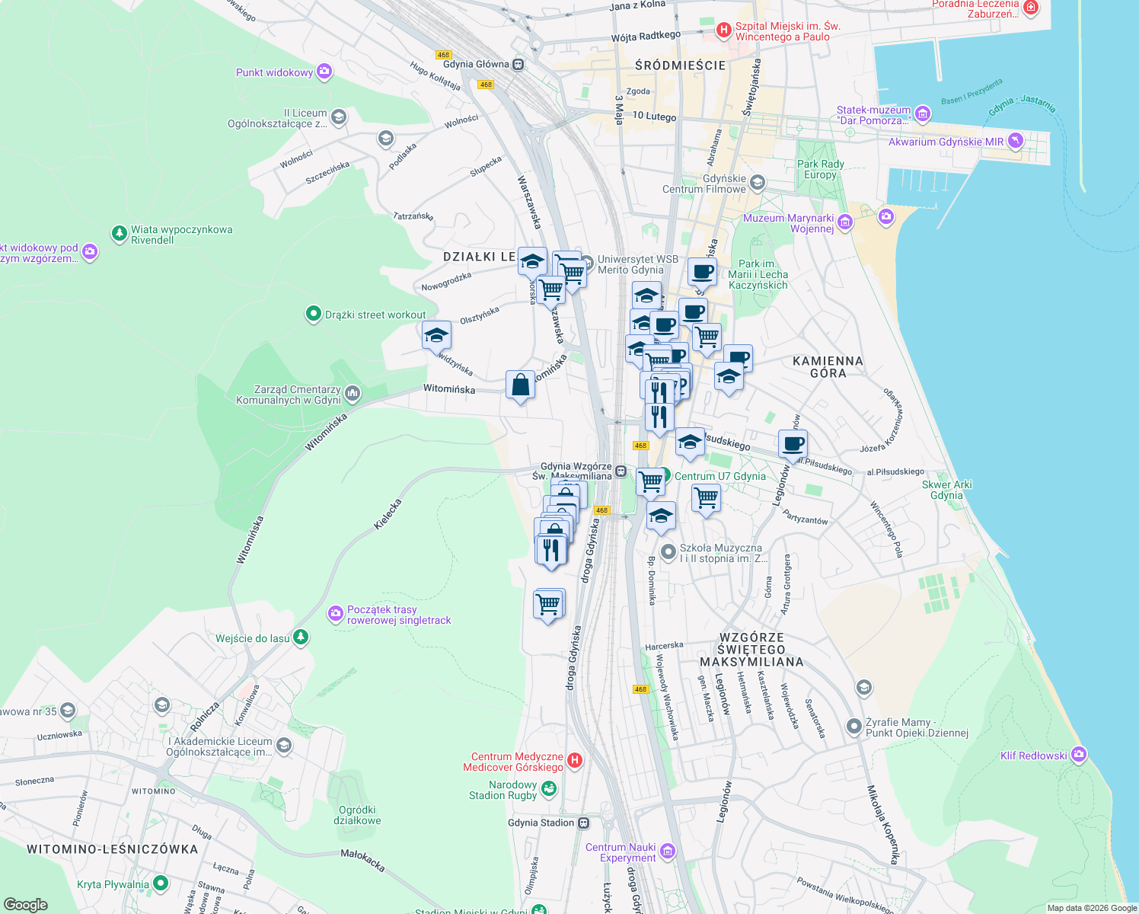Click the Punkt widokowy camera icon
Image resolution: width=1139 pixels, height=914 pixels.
tap(324, 72)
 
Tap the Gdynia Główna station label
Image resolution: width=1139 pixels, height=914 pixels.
tap(476, 64)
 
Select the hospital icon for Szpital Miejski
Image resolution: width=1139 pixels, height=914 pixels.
tap(723, 30)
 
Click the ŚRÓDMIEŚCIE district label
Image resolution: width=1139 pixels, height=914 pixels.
tap(680, 66)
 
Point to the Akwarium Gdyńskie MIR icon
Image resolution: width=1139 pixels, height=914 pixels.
tap(1015, 141)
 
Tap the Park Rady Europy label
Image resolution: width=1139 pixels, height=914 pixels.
tap(820, 169)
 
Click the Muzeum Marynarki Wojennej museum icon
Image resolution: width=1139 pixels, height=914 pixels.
tap(845, 222)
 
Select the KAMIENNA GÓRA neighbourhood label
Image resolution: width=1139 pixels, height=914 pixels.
tap(828, 367)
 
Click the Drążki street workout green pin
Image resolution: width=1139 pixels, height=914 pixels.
tap(313, 314)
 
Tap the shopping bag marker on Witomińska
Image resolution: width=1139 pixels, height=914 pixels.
tap(521, 385)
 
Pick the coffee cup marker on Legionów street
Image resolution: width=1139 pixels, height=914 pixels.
tap(793, 444)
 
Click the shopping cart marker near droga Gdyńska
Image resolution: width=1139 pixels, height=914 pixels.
tap(548, 604)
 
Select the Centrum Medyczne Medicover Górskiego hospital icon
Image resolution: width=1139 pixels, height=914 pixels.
tap(575, 760)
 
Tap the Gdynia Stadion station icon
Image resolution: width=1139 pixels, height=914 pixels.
tap(583, 823)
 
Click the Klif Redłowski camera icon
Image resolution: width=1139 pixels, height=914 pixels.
tap(1078, 755)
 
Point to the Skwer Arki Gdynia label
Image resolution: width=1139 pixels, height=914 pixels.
tap(946, 490)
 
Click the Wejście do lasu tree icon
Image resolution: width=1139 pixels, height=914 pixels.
tap(301, 637)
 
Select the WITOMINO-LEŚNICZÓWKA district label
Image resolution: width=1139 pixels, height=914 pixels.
tap(112, 849)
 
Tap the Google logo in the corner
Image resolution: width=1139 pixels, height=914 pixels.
tap(25, 904)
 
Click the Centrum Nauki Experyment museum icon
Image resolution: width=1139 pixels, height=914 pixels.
tap(667, 851)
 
